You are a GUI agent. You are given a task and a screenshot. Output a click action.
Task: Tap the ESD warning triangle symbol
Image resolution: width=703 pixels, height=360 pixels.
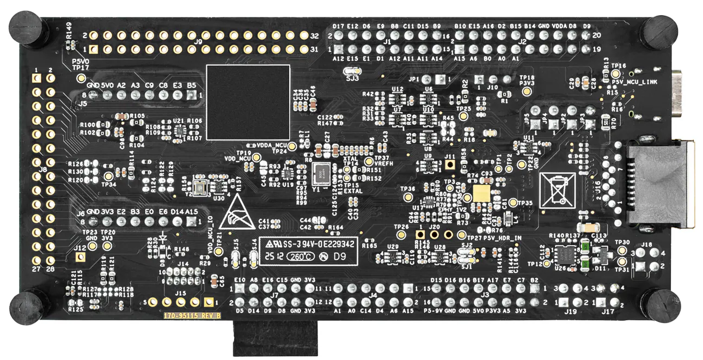click(x=236, y=213)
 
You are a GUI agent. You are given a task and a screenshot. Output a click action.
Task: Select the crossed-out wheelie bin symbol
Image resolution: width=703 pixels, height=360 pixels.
click(x=557, y=190)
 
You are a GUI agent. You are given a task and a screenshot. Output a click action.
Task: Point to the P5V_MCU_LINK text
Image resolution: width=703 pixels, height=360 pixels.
click(x=635, y=82)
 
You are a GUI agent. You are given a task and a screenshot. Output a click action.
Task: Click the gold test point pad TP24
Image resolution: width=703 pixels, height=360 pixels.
click(x=292, y=146)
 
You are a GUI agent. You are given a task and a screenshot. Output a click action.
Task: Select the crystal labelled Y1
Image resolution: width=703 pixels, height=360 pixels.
click(x=320, y=174)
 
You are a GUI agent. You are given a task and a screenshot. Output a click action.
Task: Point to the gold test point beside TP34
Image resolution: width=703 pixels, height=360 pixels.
click(x=108, y=175)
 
